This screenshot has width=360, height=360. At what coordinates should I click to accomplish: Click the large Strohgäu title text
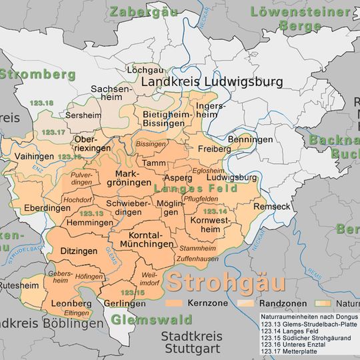tap(226, 281)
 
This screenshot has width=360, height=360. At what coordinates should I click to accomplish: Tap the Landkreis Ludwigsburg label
tap(211, 82)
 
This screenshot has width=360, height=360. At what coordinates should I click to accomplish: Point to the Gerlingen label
tap(125, 303)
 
